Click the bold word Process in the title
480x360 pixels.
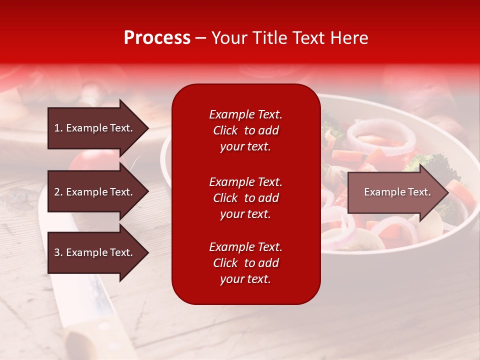[157, 38]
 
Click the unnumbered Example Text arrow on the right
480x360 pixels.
[397, 192]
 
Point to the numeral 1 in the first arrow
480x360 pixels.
[57, 128]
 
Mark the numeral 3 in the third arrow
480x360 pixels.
[57, 252]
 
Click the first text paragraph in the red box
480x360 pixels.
[245, 130]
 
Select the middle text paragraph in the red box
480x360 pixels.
[245, 198]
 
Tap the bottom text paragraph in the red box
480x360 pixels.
[245, 263]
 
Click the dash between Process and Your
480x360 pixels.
[200, 38]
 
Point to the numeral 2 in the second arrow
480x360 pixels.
[57, 192]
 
